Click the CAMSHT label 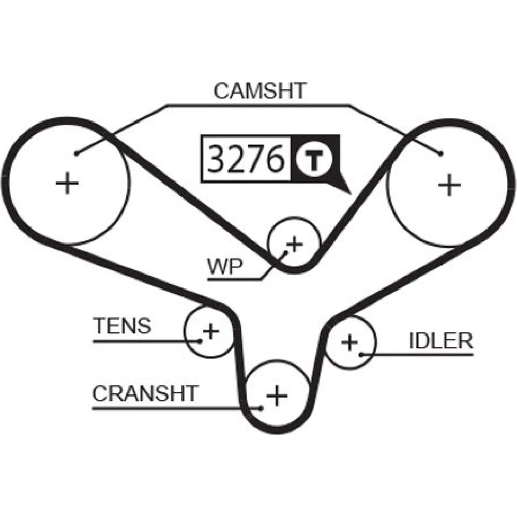[260, 91]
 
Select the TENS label [122, 326]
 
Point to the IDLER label [441, 341]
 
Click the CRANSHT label [145, 394]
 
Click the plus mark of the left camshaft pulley [67, 184]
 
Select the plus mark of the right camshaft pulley [449, 185]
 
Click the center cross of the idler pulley [350, 342]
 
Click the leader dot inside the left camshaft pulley [76, 153]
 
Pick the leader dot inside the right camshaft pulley [440, 153]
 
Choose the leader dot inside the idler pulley [361, 354]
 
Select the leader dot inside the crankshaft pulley [262, 408]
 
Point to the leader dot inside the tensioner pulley [199, 340]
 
